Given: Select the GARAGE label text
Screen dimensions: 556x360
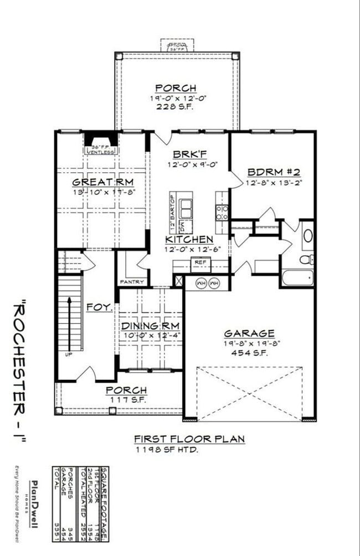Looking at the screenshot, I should coord(249,333).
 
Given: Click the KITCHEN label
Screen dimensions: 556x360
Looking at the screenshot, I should coord(189,239).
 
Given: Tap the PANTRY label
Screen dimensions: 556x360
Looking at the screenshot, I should coord(132,282).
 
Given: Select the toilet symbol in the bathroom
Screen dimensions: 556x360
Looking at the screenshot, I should coord(307,259).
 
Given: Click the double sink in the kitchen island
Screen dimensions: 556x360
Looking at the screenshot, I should coord(186,209).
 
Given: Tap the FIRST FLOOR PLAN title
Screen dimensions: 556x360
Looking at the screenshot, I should coord(189,439).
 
